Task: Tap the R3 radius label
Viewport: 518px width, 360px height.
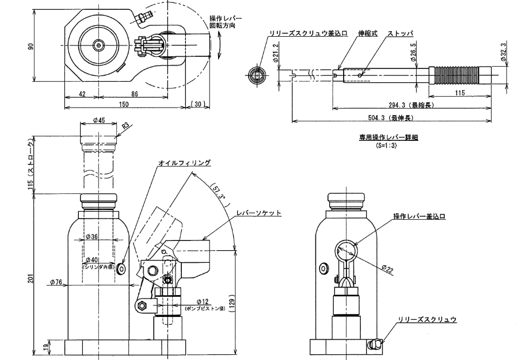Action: click(127, 123)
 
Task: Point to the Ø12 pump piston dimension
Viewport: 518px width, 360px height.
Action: click(202, 301)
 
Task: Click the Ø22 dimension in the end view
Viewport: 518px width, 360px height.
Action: click(387, 268)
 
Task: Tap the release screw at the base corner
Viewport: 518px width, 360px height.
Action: click(375, 344)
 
